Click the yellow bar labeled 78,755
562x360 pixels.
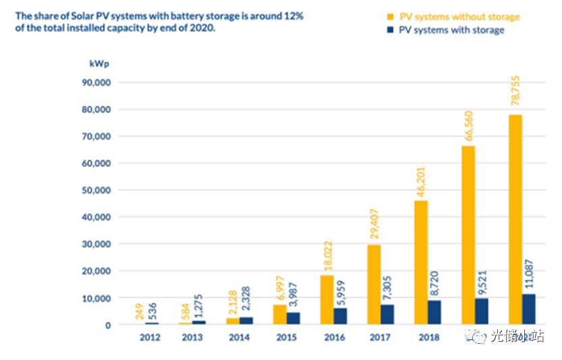point(515,219)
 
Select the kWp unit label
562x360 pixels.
point(99,63)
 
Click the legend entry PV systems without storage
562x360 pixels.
point(459,17)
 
